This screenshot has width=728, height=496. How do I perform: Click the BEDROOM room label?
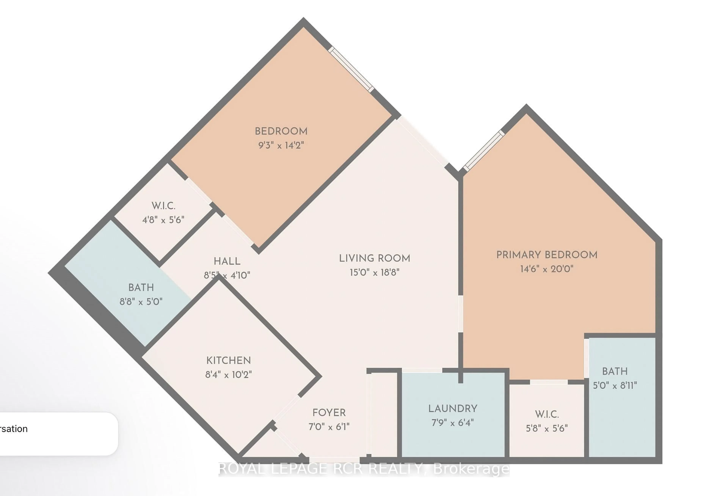tap(281, 131)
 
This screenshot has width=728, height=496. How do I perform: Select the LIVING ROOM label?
tap(374, 258)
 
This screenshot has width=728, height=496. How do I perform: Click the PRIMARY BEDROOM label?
tap(547, 255)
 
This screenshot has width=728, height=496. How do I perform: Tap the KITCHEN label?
tap(228, 360)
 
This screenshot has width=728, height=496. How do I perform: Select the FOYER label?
tap(329, 413)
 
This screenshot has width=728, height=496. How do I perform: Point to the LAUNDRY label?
tap(453, 409)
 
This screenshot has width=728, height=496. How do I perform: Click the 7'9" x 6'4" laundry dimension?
tap(453, 423)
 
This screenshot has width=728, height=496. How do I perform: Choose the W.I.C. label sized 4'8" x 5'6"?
tap(163, 206)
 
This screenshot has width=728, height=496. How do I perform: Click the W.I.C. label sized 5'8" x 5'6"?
tap(547, 414)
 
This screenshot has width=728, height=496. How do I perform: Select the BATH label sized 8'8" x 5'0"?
tap(141, 287)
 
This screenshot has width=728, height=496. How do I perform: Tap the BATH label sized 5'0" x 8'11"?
tap(615, 371)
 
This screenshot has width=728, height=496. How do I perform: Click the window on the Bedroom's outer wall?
tap(351, 69)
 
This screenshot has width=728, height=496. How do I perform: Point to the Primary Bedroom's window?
tap(484, 151)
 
